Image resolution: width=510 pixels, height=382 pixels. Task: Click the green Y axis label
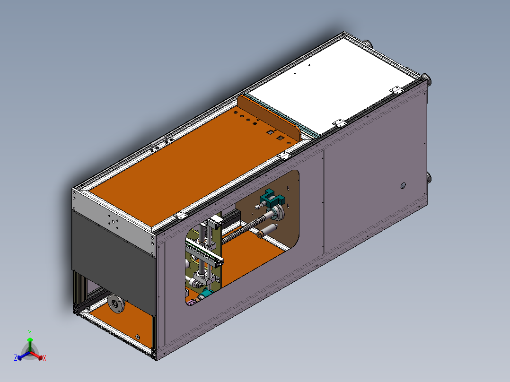point(30,333)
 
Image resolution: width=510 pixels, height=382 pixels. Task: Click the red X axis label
point(44,358)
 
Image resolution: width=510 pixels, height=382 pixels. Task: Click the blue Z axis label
point(16,358)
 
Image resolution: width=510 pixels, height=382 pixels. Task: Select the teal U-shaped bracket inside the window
point(272,198)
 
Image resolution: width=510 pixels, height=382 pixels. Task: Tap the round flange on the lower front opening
point(116,304)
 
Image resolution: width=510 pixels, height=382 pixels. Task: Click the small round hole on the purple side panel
point(403,186)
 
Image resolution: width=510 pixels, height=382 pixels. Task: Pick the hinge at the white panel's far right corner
point(396,90)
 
